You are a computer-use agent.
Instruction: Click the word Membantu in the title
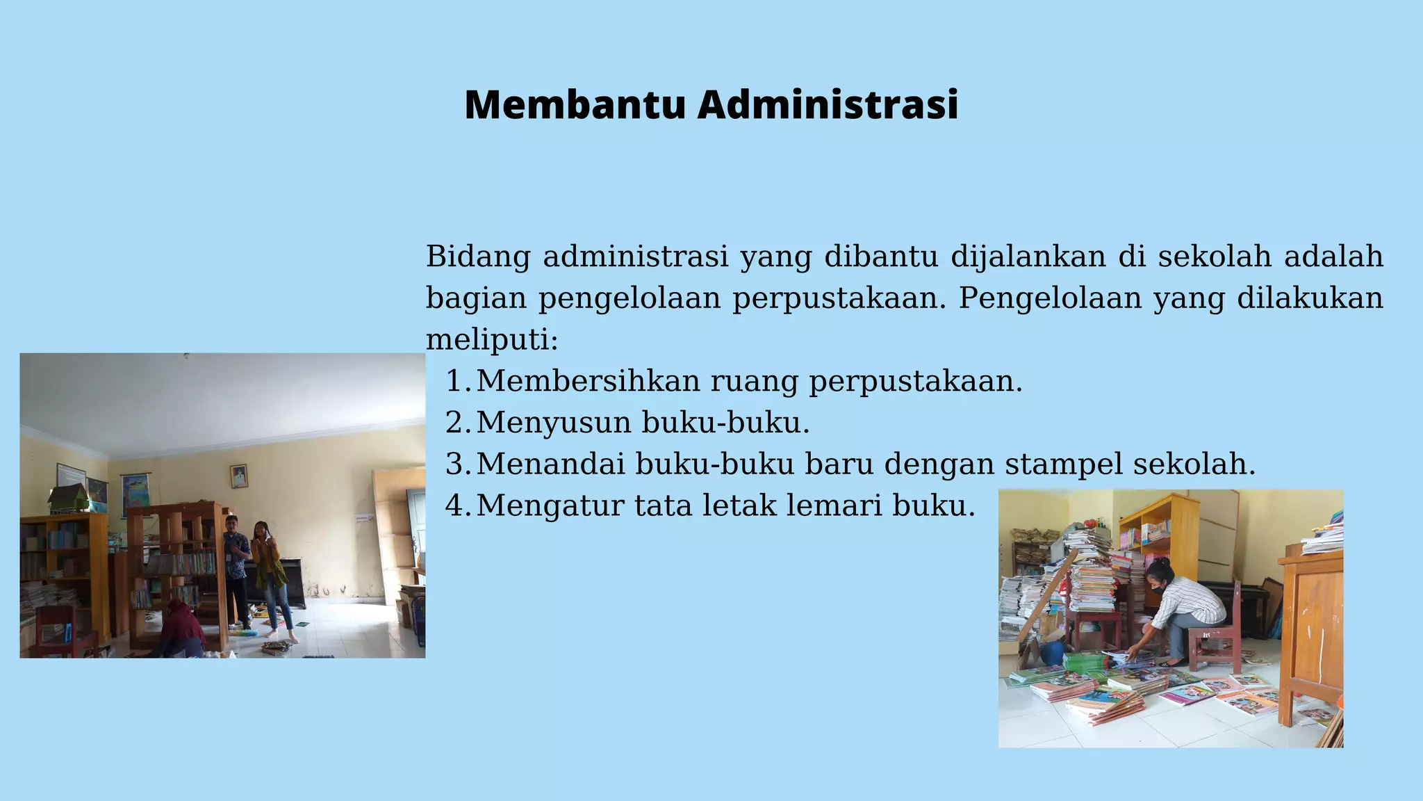click(x=575, y=105)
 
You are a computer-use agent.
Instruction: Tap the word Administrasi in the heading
click(x=828, y=105)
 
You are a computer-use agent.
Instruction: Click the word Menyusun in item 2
click(x=553, y=423)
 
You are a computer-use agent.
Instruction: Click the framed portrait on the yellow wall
click(x=239, y=476)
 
